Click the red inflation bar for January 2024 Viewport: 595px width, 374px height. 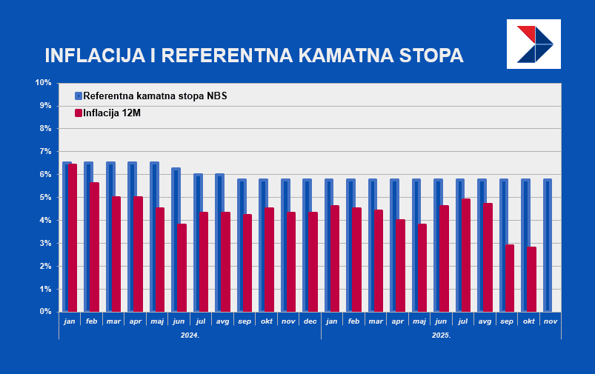73,238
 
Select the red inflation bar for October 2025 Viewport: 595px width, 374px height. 531,279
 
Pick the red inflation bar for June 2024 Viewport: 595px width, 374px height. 182,267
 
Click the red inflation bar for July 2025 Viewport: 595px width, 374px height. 466,255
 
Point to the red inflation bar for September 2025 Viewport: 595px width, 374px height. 510,278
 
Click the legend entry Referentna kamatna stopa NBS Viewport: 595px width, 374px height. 155,96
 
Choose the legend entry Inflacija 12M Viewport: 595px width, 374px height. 111,113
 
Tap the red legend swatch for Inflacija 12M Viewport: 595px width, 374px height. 79,113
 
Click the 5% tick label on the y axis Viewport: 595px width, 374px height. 44,197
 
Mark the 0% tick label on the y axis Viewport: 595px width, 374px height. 44,312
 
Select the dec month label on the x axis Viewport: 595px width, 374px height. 310,321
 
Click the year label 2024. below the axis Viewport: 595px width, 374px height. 190,335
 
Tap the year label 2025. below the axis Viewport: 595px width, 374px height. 441,335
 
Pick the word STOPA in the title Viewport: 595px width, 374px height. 431,56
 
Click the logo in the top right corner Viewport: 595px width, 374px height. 533,44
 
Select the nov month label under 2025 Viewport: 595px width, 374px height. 550,321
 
